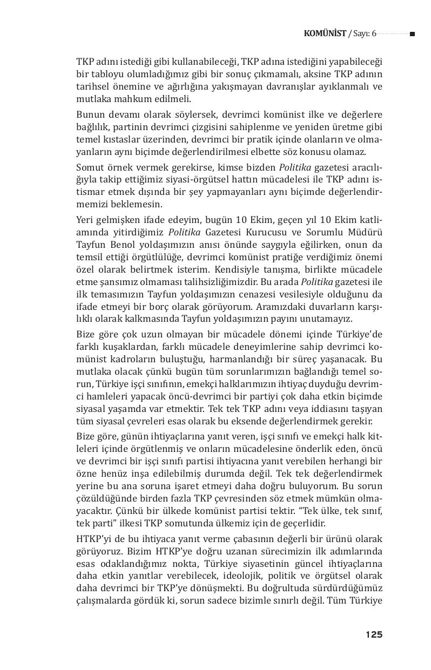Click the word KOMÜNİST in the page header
(x=325, y=34)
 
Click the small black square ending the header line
(x=412, y=34)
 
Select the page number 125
(x=373, y=634)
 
